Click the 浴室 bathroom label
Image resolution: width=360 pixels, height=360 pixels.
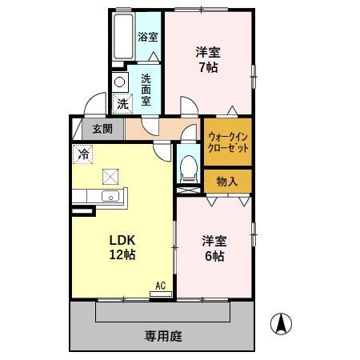pos(147,37)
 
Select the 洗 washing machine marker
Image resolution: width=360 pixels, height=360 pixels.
pos(122,102)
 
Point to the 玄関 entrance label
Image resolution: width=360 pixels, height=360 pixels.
pos(102,128)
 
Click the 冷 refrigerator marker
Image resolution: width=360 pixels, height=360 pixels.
pos(83,152)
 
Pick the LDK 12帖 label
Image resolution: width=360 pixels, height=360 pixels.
pos(122,248)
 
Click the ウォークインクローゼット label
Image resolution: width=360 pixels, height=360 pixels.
pos(228,142)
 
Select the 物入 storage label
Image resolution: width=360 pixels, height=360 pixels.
pos(228,182)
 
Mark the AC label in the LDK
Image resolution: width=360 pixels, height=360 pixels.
pos(160,285)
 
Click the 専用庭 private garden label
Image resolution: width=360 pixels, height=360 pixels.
pos(163,336)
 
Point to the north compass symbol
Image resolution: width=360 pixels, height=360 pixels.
pos(281,324)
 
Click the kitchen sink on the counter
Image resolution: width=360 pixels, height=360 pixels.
pos(110,198)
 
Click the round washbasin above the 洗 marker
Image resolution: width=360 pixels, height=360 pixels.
pos(120,82)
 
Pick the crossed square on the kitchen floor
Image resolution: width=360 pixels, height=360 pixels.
pos(110,176)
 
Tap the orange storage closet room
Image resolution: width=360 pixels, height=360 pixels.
pos(228,182)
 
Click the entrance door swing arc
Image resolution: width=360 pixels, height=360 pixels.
pos(96,105)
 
